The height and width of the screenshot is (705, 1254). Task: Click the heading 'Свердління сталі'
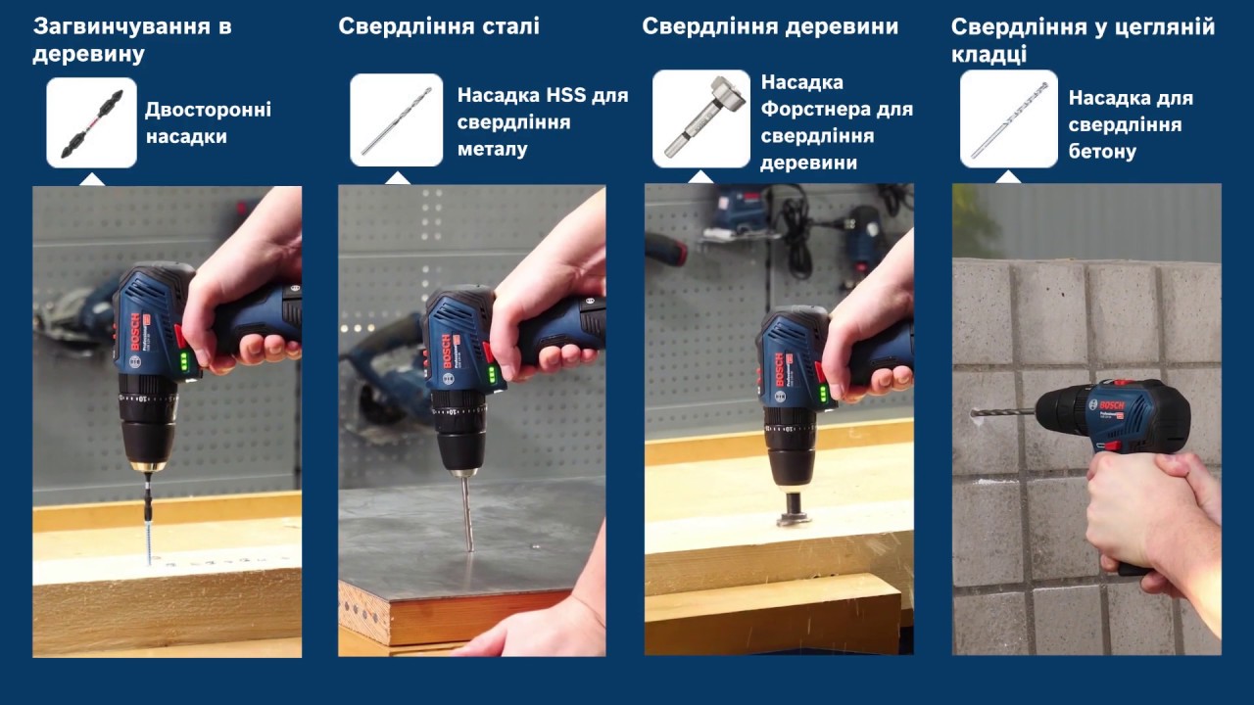pos(439,26)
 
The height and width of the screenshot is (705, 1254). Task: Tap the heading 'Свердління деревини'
pos(770,26)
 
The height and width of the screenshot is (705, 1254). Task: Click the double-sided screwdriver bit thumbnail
pos(92,122)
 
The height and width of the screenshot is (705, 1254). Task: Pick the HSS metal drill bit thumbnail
pos(397,120)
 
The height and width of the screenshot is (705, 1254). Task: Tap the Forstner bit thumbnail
pos(701,118)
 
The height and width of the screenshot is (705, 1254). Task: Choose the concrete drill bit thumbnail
pos(1009,118)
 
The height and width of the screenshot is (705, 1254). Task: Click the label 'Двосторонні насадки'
pos(209,123)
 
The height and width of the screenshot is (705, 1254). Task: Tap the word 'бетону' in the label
pos(1102,152)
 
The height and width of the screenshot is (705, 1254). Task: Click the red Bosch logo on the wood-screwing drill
pos(135,332)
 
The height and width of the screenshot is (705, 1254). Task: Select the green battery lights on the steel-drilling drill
pos(492,374)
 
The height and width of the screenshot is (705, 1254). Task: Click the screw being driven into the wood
pos(149,541)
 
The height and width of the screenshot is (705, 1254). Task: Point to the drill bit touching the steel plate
pos(467,513)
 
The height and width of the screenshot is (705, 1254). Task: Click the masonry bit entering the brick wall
pos(1003,414)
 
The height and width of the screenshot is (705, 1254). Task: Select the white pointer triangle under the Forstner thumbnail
pos(700,177)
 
